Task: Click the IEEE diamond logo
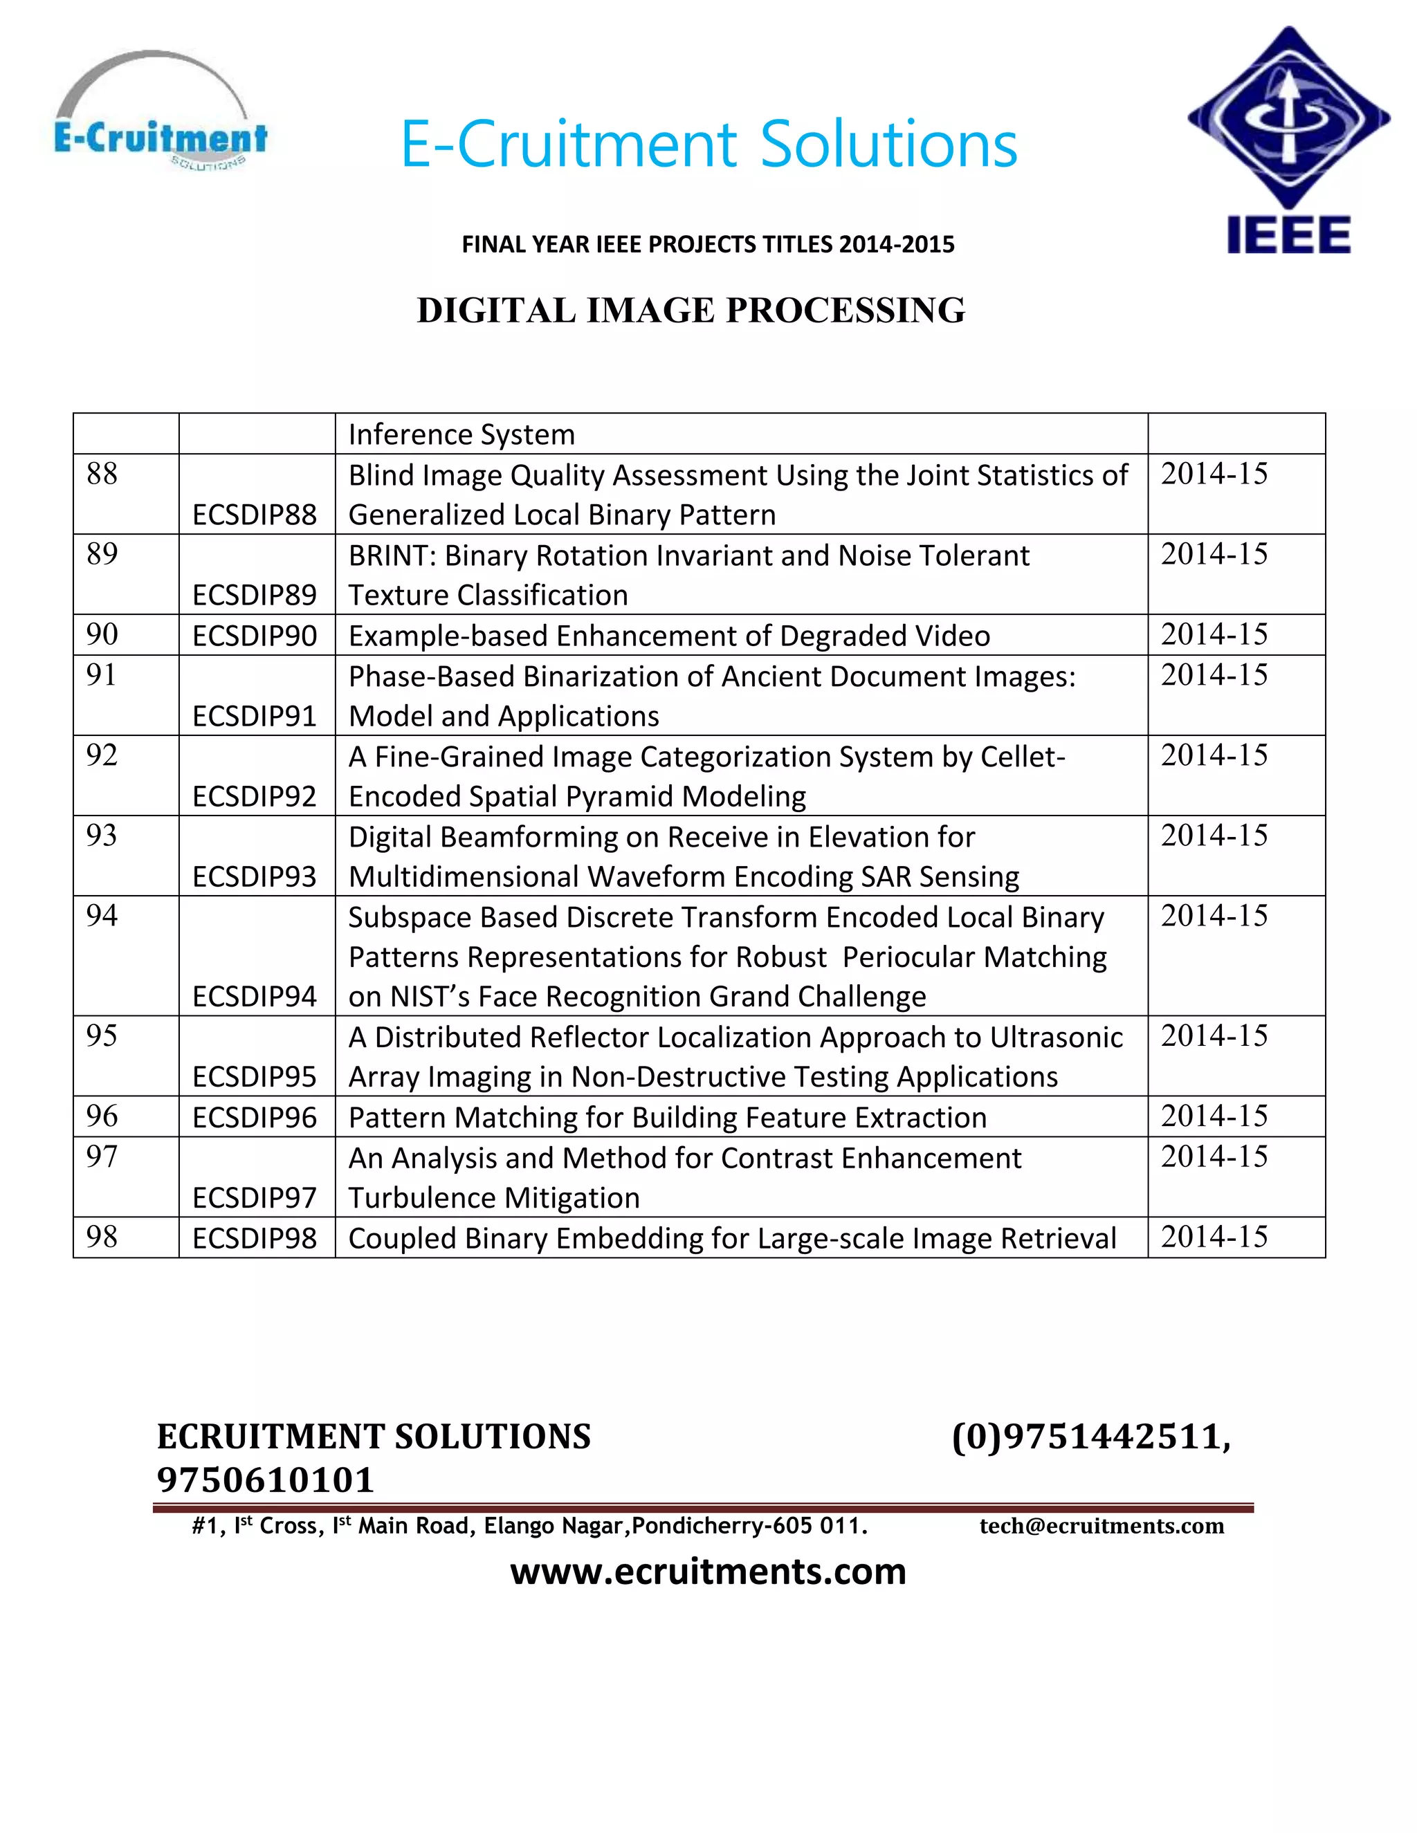(x=1288, y=122)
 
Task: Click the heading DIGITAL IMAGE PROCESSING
(x=691, y=311)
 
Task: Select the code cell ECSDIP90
(x=255, y=636)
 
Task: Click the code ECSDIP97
(x=255, y=1197)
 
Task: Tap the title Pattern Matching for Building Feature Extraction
(x=668, y=1118)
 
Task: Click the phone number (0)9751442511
(x=1090, y=1436)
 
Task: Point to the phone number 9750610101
(x=265, y=1480)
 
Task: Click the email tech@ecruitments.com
(x=1101, y=1526)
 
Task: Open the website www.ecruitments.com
(x=708, y=1571)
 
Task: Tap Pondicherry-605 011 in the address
(x=749, y=1526)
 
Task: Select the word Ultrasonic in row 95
(x=1056, y=1038)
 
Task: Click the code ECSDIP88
(x=255, y=515)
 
